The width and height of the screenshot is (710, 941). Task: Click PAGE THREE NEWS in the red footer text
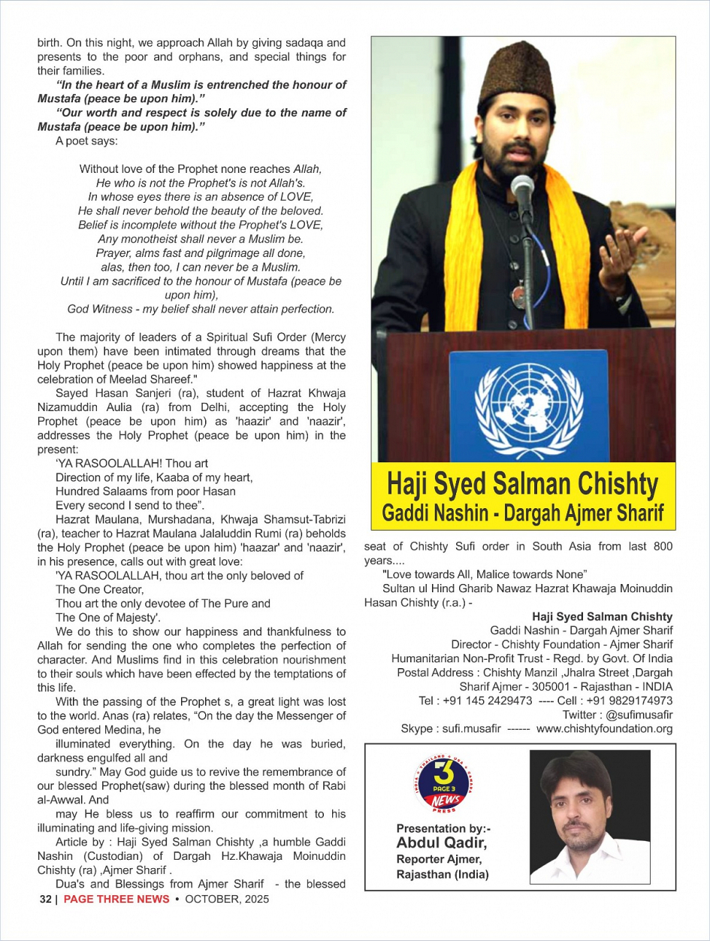[x=116, y=899]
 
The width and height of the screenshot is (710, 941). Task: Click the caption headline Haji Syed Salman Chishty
[x=523, y=485]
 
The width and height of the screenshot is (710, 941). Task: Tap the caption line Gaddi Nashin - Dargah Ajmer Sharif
[x=523, y=513]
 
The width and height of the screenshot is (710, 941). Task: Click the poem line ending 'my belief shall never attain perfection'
[x=201, y=309]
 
